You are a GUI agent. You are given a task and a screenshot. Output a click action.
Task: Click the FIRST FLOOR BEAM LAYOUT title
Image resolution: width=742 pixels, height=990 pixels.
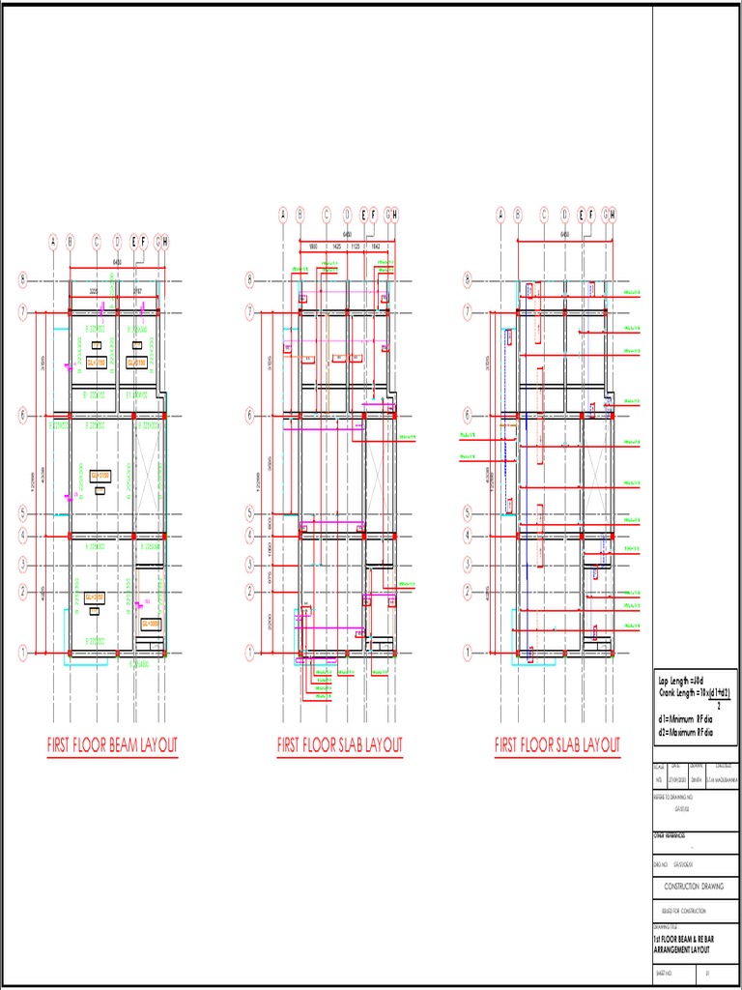pos(112,745)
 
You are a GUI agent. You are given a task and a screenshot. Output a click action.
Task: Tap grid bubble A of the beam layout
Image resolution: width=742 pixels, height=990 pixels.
pos(54,242)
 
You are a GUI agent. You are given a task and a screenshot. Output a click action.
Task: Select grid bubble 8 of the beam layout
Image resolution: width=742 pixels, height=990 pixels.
pos(22,281)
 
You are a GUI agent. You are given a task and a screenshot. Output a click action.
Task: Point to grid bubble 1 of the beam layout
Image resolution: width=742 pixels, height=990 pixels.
pos(22,654)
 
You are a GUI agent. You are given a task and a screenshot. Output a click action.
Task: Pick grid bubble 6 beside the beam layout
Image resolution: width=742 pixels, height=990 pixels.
pos(22,416)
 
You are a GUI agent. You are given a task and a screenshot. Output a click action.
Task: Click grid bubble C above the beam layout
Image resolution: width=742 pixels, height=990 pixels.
pos(97,242)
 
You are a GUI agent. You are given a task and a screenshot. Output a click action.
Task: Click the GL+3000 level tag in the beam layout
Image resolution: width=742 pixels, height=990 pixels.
pos(150,625)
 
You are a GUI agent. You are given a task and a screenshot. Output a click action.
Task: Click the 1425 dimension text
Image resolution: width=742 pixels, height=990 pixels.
pos(336,247)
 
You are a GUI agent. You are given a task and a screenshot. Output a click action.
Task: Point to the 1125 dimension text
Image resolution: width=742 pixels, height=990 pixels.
pos(356,247)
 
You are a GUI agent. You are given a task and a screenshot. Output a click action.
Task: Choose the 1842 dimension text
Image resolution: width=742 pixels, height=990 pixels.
pos(376,247)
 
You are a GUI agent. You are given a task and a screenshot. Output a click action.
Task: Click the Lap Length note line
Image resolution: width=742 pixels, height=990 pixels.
pos(681,683)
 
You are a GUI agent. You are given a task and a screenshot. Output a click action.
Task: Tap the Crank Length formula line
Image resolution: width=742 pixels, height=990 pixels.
pos(694,694)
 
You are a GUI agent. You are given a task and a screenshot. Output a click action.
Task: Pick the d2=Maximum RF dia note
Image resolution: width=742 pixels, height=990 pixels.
pos(686,732)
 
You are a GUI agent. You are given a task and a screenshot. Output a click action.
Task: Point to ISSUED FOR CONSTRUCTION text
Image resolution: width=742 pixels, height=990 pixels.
pos(683,911)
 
